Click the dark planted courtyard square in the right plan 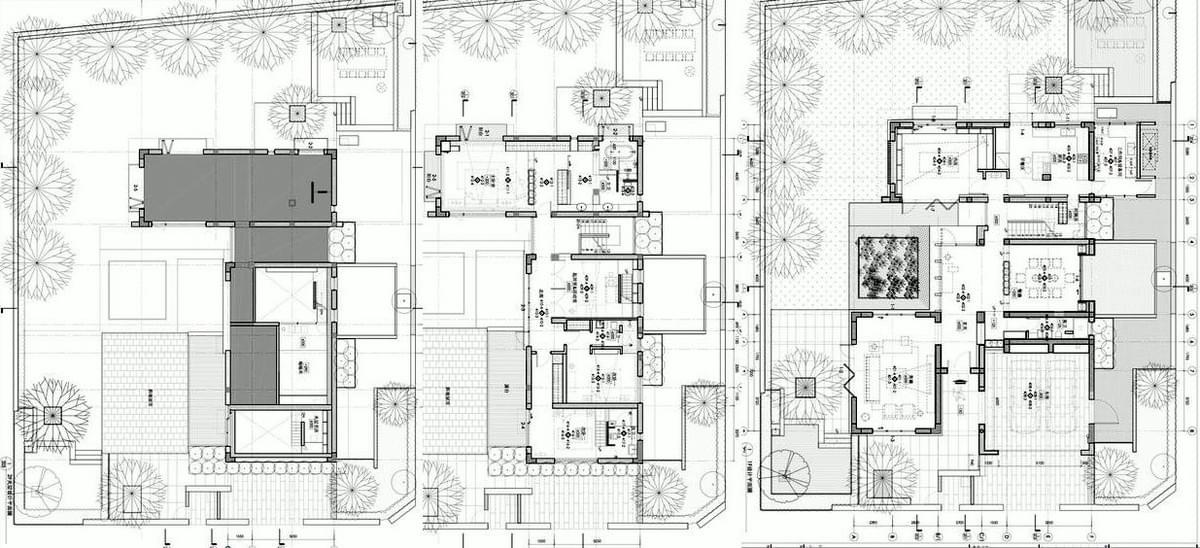click(888, 267)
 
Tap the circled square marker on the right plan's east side click(1162, 278)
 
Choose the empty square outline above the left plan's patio click(137, 290)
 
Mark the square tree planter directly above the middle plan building click(600, 97)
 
